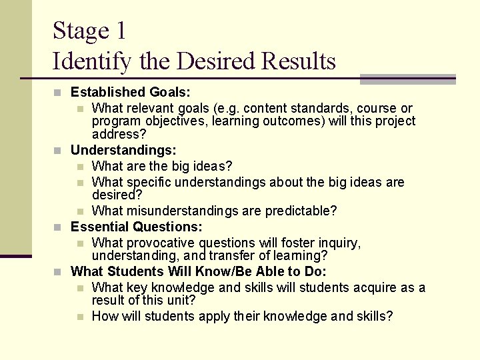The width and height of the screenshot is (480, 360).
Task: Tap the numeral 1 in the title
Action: pos(121,31)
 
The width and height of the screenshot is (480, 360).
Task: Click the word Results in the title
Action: pos(299,61)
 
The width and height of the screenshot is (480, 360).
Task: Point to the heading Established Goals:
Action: pos(131,92)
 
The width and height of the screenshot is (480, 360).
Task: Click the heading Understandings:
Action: pos(123,151)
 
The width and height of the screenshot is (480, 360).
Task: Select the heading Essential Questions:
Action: pos(137,227)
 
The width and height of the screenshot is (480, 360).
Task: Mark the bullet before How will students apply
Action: pos(80,317)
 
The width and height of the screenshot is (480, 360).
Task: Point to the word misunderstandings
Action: pos(178,211)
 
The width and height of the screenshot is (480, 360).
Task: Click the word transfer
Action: pos(233,256)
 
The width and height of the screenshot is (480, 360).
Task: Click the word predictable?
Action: pos(301,211)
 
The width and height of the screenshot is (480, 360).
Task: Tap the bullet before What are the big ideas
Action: pos(80,166)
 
